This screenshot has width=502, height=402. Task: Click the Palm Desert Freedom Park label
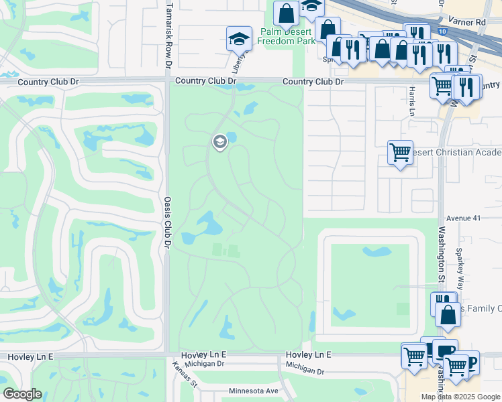pyautogui.click(x=287, y=36)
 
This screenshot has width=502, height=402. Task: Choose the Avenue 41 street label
pyautogui.click(x=460, y=218)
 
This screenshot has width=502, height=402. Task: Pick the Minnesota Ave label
pyautogui.click(x=253, y=391)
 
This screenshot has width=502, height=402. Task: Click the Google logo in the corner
pyautogui.click(x=23, y=394)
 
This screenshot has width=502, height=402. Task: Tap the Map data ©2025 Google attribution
pyautogui.click(x=460, y=397)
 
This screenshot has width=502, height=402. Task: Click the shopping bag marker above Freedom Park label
pyautogui.click(x=287, y=13)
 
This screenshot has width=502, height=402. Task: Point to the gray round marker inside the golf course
pyautogui.click(x=219, y=141)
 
